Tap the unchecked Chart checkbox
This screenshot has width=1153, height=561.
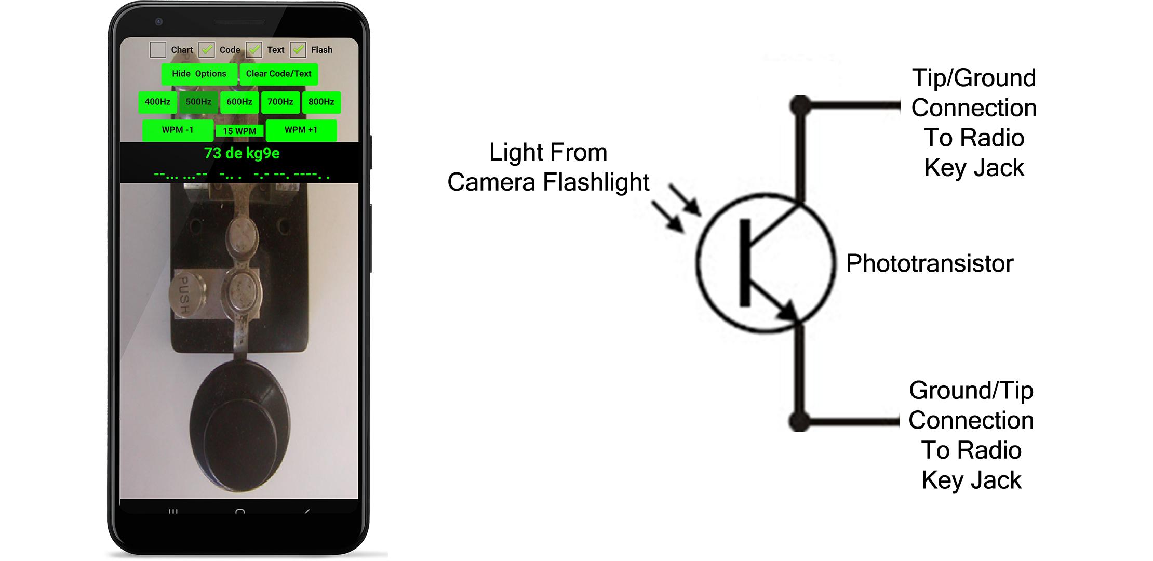tap(158, 50)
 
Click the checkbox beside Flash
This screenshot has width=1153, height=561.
tap(298, 50)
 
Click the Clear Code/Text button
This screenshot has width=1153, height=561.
tap(279, 74)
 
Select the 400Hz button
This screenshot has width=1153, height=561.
tap(157, 102)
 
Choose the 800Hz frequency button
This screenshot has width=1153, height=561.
tap(321, 102)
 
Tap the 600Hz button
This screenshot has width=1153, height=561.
tap(239, 102)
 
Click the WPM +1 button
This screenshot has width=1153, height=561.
tap(301, 130)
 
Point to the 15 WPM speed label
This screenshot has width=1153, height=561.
tap(239, 131)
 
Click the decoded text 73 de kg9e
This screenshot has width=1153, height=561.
tap(242, 153)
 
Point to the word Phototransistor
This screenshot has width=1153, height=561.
tap(930, 263)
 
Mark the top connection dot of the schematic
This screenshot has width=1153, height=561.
tap(800, 106)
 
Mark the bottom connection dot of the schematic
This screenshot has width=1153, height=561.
tap(800, 421)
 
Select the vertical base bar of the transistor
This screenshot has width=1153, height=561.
tap(745, 262)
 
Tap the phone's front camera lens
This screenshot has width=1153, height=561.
tap(159, 22)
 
